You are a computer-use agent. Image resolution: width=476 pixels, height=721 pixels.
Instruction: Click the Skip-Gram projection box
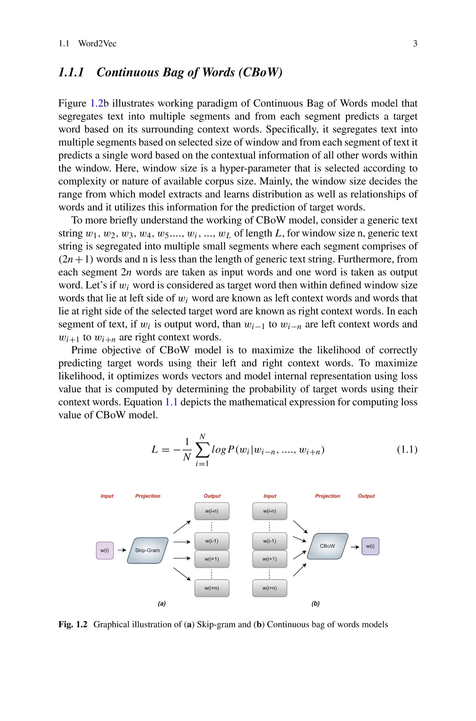(x=148, y=550)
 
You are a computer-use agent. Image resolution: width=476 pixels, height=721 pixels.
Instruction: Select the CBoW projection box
(x=327, y=546)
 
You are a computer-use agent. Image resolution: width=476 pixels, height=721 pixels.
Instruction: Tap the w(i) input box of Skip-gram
(x=104, y=551)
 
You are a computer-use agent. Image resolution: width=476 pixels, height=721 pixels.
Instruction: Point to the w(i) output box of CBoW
(x=370, y=546)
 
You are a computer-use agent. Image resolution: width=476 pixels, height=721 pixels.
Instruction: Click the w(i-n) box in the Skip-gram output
(x=212, y=511)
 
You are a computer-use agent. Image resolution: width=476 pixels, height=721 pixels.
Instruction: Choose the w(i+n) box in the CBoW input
(x=270, y=588)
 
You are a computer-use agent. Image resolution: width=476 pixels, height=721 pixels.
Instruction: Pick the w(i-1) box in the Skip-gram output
(x=212, y=541)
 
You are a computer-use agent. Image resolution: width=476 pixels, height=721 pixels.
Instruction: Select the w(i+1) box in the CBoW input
(x=270, y=559)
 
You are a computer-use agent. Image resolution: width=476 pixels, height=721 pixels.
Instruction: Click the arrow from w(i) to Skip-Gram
(x=122, y=550)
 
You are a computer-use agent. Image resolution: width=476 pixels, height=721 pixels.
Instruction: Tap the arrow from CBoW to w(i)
(x=355, y=547)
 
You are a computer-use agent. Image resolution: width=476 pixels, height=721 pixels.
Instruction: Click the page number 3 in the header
(x=415, y=44)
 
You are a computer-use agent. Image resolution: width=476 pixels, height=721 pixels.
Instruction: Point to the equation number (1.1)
(x=407, y=449)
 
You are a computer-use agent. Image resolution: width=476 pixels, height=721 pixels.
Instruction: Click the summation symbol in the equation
(x=202, y=450)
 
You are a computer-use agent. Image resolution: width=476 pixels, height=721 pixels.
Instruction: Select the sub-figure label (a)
(x=162, y=603)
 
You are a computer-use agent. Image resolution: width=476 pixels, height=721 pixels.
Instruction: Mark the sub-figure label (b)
(x=316, y=603)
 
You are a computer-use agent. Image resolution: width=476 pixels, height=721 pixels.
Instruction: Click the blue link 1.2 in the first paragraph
(x=97, y=104)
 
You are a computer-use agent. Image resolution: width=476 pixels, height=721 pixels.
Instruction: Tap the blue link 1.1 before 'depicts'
(x=171, y=402)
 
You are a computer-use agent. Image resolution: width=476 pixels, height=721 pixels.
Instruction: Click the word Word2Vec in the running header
(x=97, y=44)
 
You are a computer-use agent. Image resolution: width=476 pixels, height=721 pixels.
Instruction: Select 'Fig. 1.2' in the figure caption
(x=73, y=625)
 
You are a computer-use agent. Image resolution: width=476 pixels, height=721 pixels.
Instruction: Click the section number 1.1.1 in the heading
(x=71, y=72)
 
